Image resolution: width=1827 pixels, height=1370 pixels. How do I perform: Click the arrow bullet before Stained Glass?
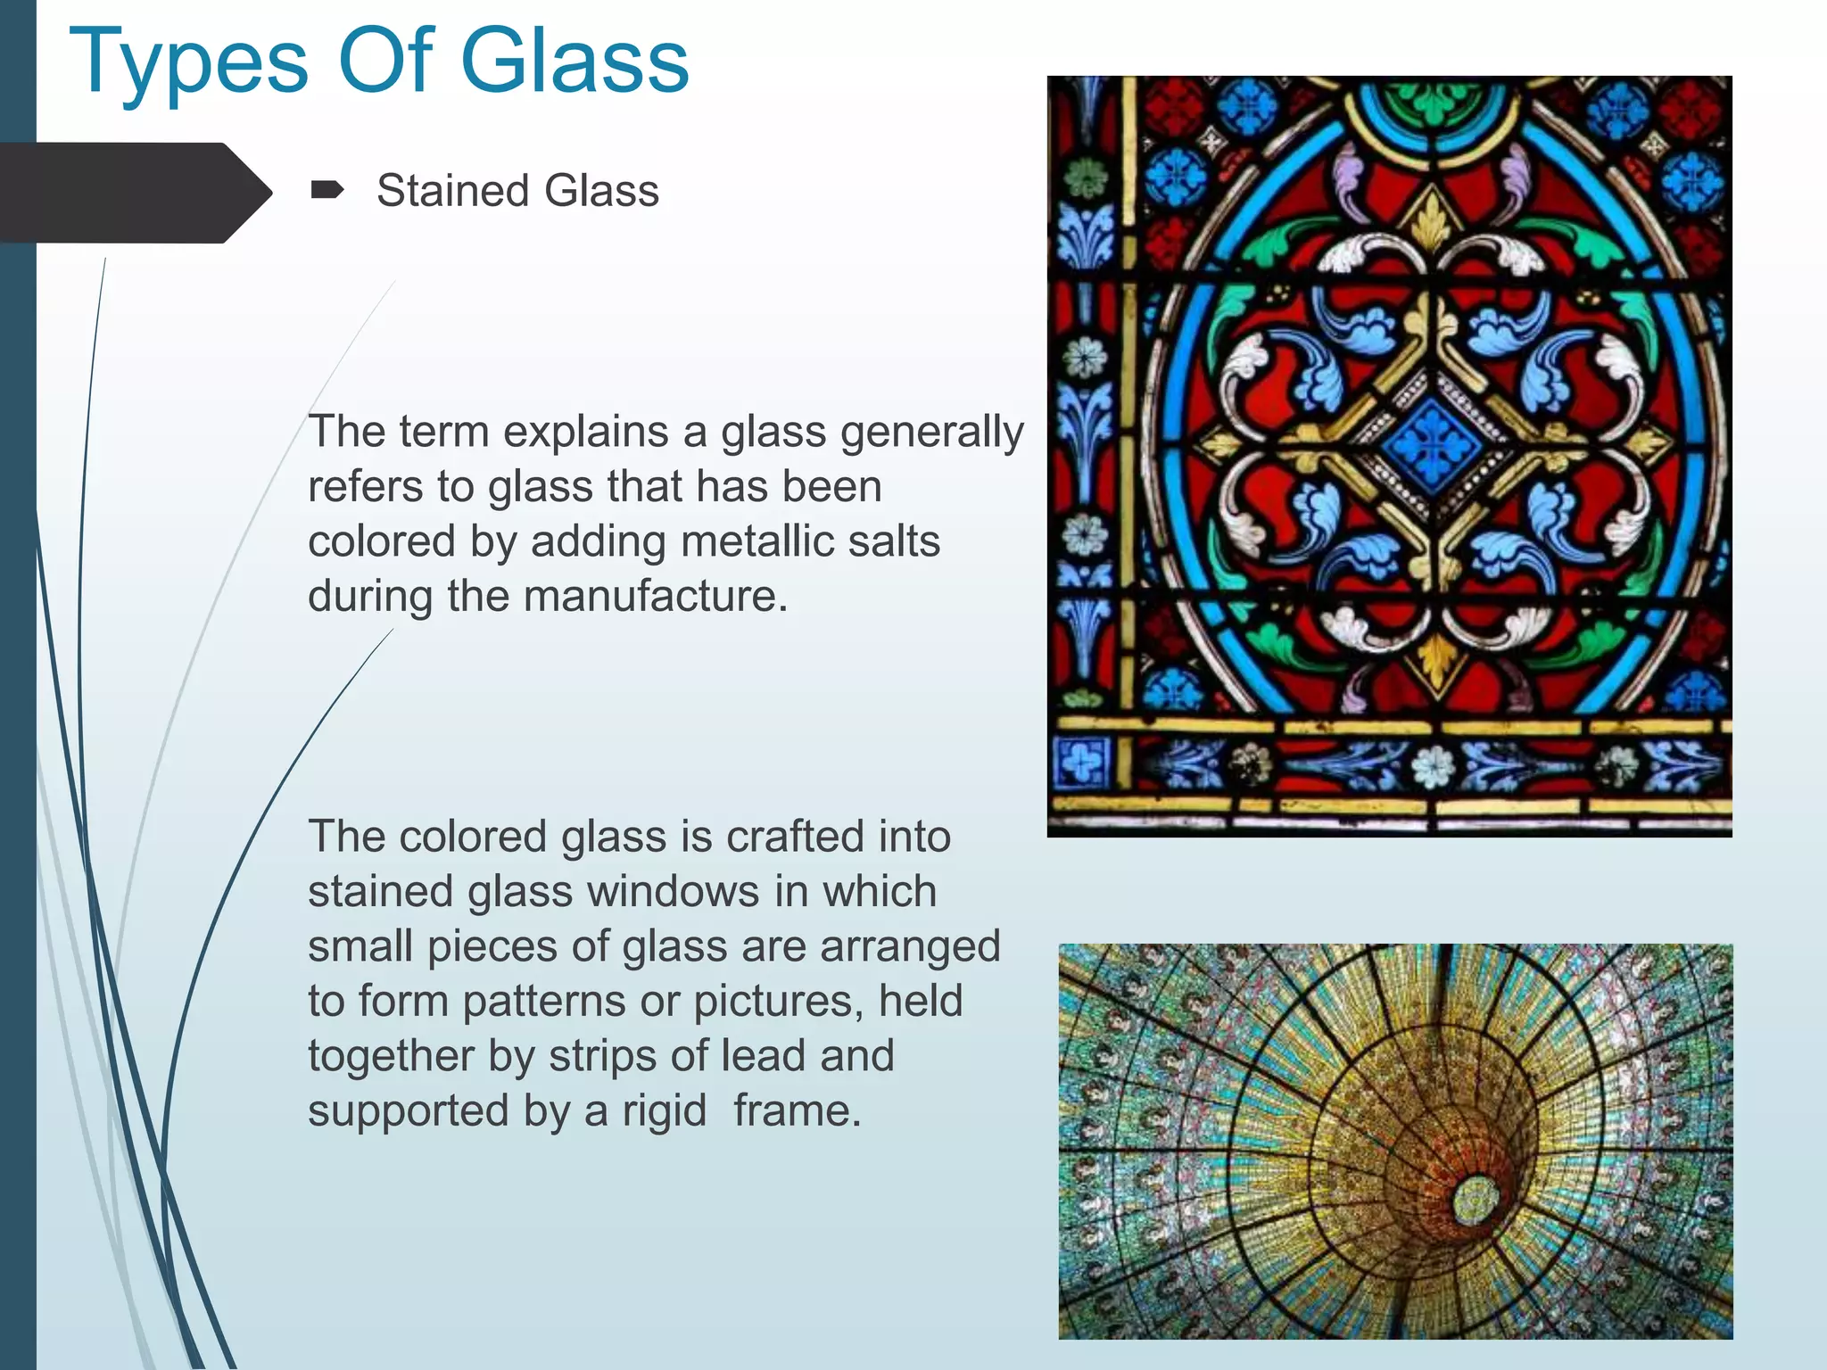click(x=327, y=189)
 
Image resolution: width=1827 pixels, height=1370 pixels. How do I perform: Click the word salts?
click(x=894, y=541)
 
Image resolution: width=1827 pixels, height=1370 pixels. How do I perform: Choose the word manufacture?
click(x=656, y=596)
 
